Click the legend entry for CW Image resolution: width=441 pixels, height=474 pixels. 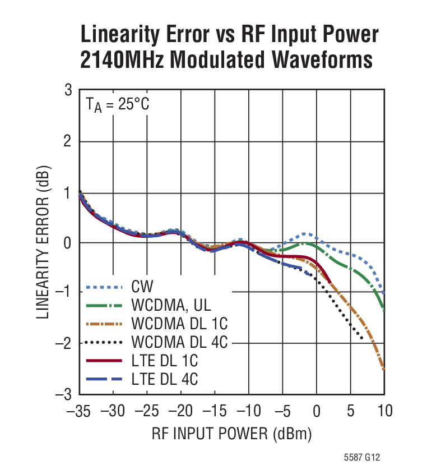click(x=144, y=288)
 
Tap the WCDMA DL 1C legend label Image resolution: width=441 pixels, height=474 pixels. click(x=180, y=324)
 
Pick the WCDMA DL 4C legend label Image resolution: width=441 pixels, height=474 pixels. click(x=180, y=342)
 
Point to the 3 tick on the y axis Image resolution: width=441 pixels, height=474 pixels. click(x=68, y=90)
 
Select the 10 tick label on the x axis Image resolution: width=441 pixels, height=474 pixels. click(x=384, y=411)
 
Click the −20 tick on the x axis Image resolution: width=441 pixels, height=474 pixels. click(x=180, y=411)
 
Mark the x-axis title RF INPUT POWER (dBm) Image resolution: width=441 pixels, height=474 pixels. click(x=231, y=434)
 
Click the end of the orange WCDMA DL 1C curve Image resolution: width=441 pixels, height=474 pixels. click(x=384, y=370)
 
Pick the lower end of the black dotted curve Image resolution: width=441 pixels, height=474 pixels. click(x=362, y=338)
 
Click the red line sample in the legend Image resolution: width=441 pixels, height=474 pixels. click(x=104, y=361)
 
